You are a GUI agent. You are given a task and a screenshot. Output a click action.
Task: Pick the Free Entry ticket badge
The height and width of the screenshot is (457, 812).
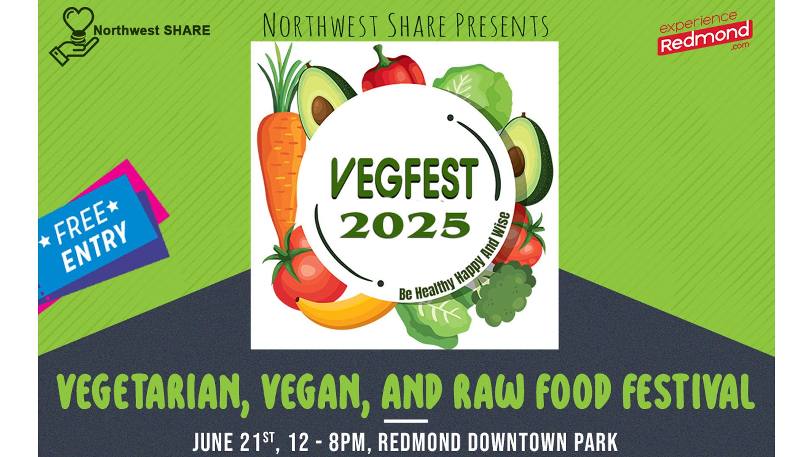point(101,237)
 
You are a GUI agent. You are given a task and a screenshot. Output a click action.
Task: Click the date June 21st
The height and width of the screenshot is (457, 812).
point(235,442)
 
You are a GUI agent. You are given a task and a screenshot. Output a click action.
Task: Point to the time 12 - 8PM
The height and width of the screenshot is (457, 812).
point(326,442)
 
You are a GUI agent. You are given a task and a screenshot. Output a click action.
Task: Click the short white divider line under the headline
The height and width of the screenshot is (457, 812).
point(406,421)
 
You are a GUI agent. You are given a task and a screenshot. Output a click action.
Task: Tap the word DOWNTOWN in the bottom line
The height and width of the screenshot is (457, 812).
point(515,442)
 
